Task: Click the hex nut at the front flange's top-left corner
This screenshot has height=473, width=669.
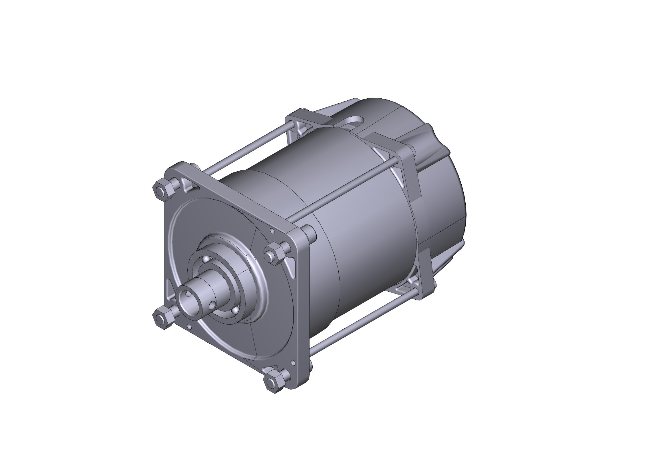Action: (x=161, y=191)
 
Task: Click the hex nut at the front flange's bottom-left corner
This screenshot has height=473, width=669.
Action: (x=161, y=319)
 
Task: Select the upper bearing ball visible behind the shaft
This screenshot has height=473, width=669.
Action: (x=207, y=259)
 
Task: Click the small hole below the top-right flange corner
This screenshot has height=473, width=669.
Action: (x=272, y=231)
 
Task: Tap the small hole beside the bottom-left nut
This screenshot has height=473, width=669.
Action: (x=190, y=327)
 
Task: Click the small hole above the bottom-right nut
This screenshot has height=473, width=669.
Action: (x=293, y=362)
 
